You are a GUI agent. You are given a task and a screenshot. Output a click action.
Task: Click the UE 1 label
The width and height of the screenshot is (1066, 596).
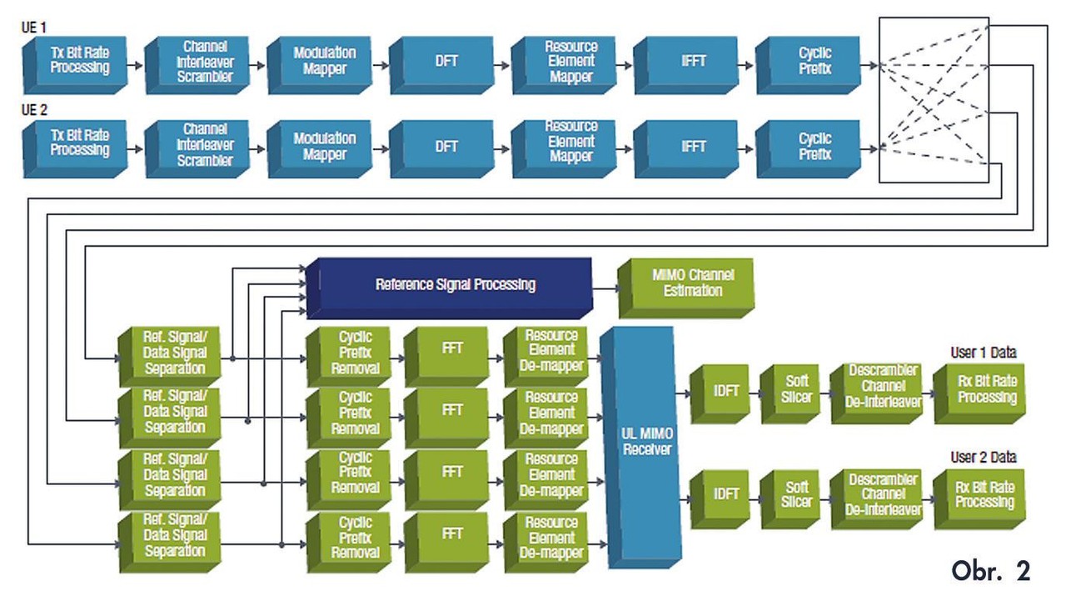coord(34,28)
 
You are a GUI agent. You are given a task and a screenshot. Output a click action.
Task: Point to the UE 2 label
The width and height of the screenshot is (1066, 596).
coord(34,109)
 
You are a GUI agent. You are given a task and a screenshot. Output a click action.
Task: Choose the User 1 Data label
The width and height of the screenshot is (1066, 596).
coord(983,353)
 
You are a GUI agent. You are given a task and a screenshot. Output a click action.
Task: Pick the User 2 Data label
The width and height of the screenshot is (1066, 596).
coord(983,458)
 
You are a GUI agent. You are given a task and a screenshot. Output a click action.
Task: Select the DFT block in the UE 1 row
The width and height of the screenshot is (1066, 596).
coord(446,63)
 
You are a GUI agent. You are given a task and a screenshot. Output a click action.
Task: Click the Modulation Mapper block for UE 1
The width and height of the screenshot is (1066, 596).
coord(323,63)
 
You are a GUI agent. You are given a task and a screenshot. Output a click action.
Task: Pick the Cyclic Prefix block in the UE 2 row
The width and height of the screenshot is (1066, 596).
coord(813,147)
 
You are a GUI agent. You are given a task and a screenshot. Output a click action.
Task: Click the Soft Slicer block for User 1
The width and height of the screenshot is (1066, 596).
coord(795,390)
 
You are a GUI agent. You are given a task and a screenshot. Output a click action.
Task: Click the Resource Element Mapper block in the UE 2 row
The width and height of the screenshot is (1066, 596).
coord(570,145)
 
